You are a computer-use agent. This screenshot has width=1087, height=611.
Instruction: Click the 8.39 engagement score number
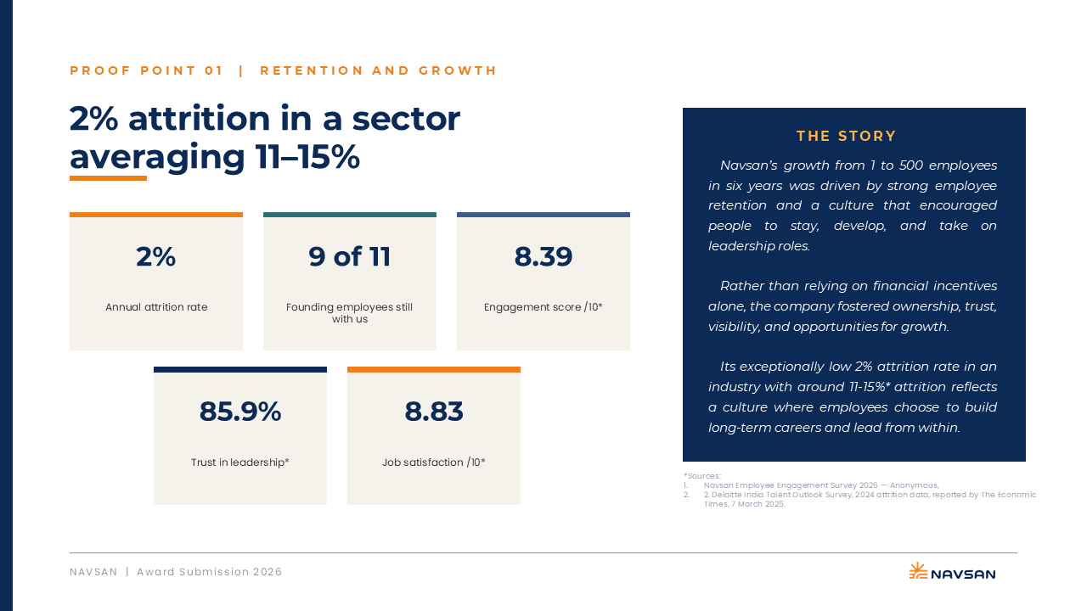543,256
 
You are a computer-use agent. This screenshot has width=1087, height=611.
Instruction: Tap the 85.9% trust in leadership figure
240,412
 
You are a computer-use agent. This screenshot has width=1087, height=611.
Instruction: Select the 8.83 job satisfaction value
434,412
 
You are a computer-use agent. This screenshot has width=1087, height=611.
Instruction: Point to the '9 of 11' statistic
349,256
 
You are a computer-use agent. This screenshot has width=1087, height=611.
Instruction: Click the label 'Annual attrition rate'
156,307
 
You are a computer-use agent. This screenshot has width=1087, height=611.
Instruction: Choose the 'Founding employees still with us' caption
349,313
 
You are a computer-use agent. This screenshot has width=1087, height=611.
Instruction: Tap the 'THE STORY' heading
847,137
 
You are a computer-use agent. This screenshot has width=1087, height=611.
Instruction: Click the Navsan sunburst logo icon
918,571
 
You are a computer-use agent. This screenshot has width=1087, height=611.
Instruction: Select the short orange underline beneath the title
108,178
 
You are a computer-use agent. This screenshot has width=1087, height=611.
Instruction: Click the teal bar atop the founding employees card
349,215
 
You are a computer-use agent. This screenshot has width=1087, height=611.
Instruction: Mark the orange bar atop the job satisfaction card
434,369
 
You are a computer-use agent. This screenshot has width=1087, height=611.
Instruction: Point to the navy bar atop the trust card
240,369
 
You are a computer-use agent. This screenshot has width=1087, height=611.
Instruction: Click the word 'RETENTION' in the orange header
312,70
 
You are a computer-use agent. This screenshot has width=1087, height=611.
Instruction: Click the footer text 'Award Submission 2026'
209,572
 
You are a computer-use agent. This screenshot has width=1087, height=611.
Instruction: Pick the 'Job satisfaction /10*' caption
434,462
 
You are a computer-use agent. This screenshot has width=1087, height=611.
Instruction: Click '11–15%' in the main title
307,157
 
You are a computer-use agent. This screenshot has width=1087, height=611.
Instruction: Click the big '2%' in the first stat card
155,256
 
